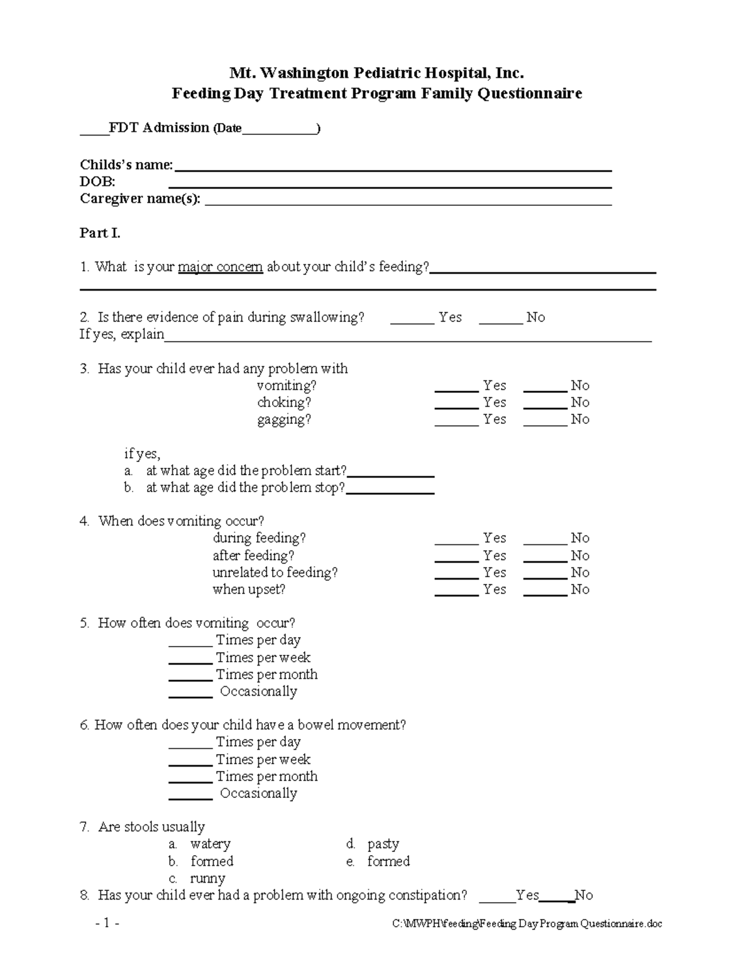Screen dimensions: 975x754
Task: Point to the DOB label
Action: [x=97, y=182]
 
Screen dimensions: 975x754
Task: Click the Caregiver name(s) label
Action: [x=140, y=199]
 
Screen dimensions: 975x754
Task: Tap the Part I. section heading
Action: [x=100, y=233]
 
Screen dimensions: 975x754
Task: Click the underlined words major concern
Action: [x=220, y=267]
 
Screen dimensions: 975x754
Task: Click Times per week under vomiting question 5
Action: [x=263, y=657]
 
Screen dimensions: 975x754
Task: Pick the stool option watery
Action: [x=210, y=844]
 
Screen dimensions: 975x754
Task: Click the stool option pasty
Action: [x=383, y=844]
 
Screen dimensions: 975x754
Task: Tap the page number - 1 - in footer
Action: [x=107, y=923]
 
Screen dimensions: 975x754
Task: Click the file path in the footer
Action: [x=527, y=924]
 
